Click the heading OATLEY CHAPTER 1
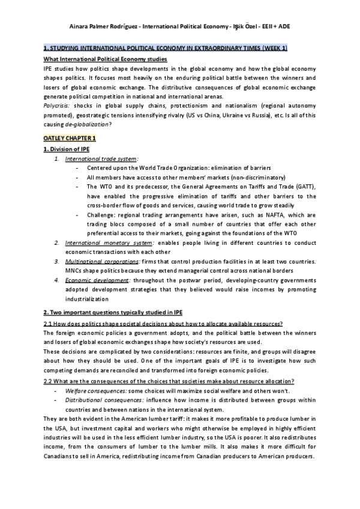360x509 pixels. pyautogui.click(x=70, y=139)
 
